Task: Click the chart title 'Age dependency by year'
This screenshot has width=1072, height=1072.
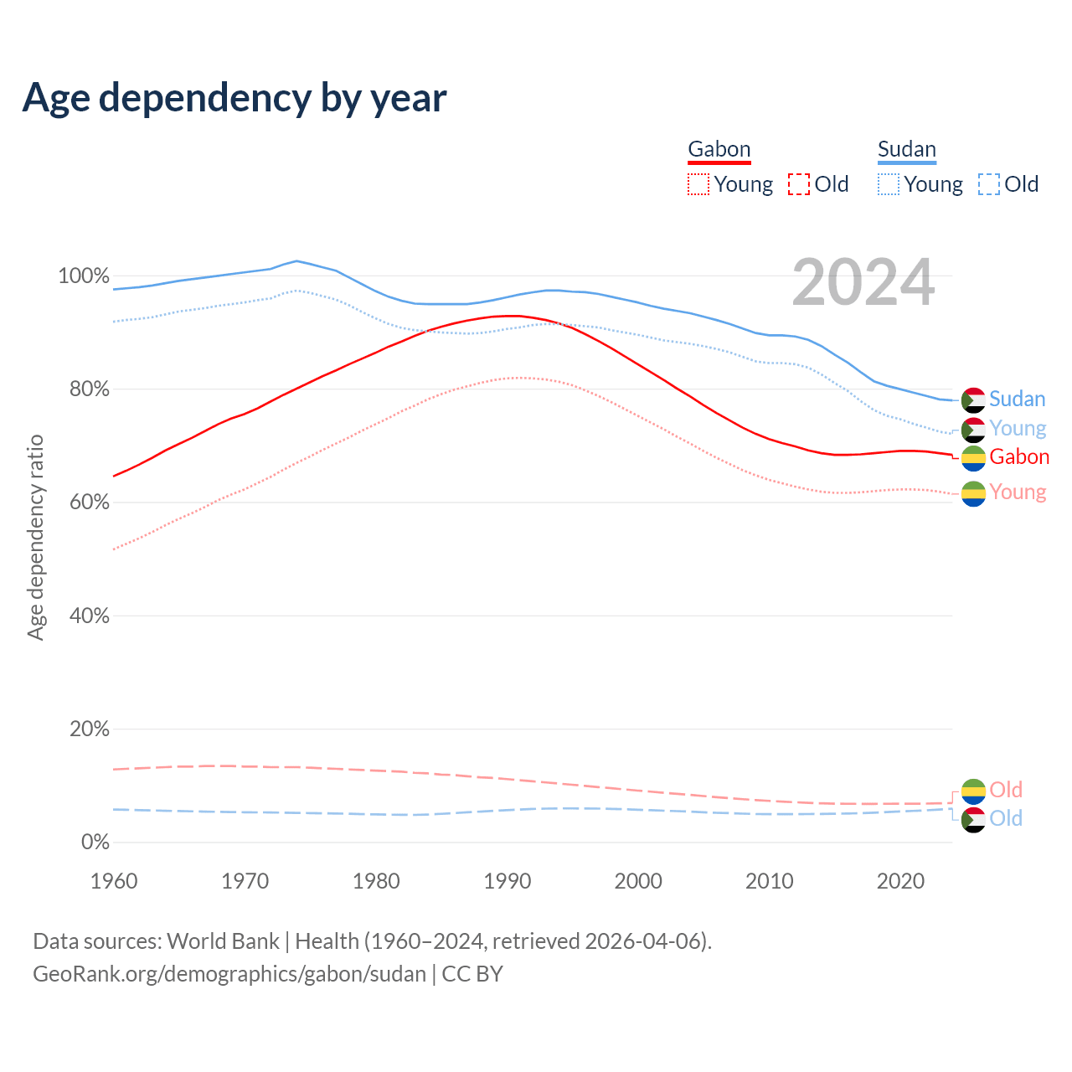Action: (x=234, y=98)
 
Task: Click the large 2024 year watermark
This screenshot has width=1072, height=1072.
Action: (x=863, y=283)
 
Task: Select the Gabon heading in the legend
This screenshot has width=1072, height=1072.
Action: (x=719, y=150)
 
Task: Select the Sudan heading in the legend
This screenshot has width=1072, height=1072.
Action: (x=906, y=150)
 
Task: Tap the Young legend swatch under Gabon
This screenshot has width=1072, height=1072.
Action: (x=698, y=184)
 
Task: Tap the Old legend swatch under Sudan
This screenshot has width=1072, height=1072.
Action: (x=989, y=184)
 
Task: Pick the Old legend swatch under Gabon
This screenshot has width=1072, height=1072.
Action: (x=799, y=184)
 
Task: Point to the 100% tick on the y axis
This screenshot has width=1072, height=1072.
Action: (x=83, y=276)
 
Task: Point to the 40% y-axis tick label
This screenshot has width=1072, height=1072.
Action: (x=89, y=616)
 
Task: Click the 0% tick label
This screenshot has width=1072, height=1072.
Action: (x=95, y=843)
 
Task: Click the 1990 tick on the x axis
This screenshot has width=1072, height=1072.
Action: (x=508, y=881)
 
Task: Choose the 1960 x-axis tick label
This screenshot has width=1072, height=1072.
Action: (x=114, y=881)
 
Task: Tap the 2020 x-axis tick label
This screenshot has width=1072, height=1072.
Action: (x=900, y=881)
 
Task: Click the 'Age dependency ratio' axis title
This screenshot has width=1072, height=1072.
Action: (x=35, y=537)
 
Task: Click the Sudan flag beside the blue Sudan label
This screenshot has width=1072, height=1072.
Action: (x=973, y=400)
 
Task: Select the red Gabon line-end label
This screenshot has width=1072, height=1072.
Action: (x=1018, y=457)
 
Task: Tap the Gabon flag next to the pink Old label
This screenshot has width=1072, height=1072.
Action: (x=973, y=791)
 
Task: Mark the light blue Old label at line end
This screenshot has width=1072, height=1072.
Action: (x=1005, y=819)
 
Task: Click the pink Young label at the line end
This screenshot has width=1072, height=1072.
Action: (x=1018, y=492)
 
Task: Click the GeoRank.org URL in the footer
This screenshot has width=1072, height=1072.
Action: (x=229, y=974)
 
